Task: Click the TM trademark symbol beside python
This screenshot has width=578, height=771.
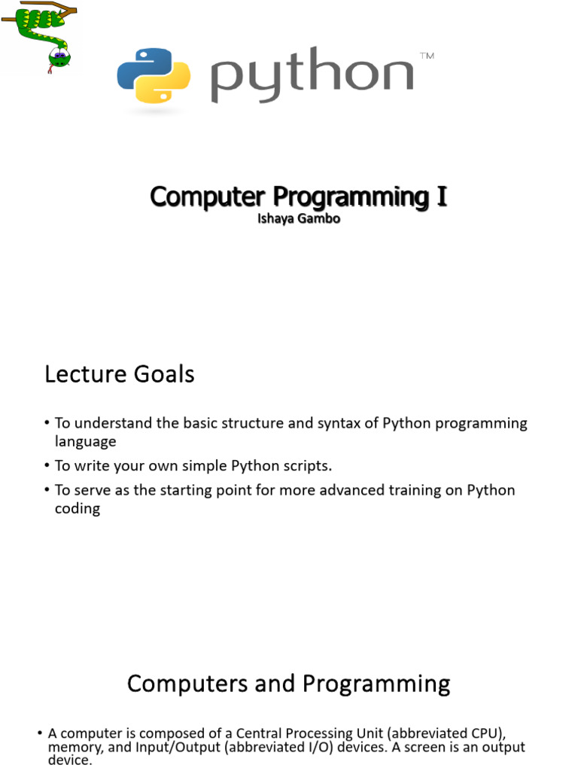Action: [x=427, y=56]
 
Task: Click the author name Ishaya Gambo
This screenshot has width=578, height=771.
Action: [x=298, y=220]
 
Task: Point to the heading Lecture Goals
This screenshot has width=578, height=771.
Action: [x=120, y=374]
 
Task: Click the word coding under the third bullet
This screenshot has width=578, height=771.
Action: [x=78, y=508]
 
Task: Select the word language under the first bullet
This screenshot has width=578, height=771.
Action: [x=86, y=441]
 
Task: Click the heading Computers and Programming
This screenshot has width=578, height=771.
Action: [x=288, y=684]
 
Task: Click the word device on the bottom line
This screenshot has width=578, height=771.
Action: [x=68, y=761]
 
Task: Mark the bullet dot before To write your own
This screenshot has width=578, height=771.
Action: [x=47, y=466]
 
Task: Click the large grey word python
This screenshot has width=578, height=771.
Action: [x=312, y=76]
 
